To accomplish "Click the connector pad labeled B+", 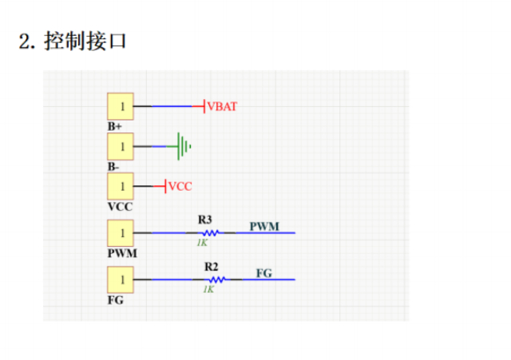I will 121,105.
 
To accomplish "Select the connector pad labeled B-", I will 121,146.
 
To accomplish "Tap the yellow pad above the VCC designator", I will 121,186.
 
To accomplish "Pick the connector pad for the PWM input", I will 121,233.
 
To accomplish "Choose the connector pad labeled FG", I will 121,280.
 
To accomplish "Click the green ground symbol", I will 184,146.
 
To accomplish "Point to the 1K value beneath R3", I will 202,243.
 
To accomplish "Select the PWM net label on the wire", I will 264,226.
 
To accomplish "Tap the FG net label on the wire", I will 264,273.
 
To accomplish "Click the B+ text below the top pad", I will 115,126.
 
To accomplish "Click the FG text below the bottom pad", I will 116,300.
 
